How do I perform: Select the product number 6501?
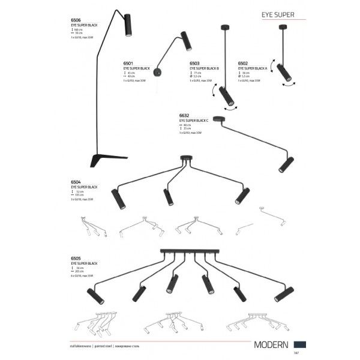[127, 61]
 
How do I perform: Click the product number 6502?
[244, 61]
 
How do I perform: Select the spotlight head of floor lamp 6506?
[128, 26]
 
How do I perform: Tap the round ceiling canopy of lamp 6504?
[187, 158]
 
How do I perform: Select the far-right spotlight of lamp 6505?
[280, 295]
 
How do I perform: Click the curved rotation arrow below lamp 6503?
[229, 106]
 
